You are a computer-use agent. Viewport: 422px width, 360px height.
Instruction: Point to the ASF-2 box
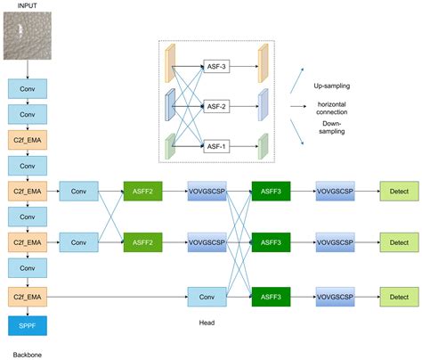pos(216,105)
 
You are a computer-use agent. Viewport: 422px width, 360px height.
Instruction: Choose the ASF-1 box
pos(216,145)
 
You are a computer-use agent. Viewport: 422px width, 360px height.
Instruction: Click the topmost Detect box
pos(398,191)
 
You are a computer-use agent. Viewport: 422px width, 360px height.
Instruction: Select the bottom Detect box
pos(398,295)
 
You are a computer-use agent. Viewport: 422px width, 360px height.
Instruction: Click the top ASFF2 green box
pos(143,191)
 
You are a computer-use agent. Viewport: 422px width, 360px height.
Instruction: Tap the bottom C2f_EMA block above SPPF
pos(26,295)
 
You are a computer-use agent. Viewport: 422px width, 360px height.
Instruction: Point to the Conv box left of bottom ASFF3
pos(207,295)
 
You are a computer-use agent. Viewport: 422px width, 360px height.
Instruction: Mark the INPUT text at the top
pos(27,7)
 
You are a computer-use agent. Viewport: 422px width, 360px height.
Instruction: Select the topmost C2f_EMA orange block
pos(26,139)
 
